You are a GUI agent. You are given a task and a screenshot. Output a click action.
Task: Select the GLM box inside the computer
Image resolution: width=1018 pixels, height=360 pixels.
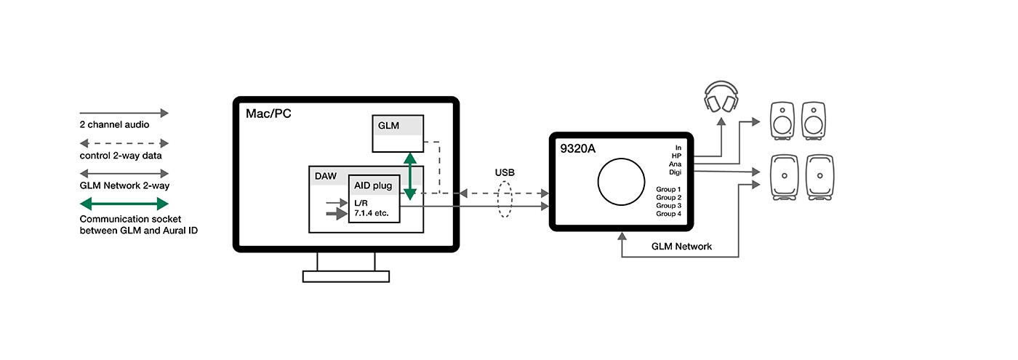coord(397,133)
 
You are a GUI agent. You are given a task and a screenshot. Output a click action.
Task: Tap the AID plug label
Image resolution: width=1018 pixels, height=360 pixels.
coord(373,185)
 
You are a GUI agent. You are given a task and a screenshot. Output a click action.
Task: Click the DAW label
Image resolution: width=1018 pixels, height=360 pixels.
coord(325,175)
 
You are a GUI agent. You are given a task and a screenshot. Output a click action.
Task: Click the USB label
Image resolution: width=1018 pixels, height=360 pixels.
coord(505,173)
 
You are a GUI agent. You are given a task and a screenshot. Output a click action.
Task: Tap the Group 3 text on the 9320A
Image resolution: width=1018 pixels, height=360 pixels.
coord(668,206)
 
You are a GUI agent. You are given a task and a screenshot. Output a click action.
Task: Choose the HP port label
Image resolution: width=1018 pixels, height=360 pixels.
coord(676,156)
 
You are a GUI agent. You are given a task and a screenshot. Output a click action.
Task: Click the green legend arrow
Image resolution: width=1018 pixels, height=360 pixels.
coord(124,204)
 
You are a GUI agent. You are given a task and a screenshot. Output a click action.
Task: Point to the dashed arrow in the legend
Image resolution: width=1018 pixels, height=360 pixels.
coord(124,143)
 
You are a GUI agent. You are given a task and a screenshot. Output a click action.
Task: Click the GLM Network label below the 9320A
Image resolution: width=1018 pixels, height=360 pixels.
coord(681,247)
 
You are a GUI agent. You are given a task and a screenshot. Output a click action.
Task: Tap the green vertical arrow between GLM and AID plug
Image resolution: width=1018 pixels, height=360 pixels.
coord(410,176)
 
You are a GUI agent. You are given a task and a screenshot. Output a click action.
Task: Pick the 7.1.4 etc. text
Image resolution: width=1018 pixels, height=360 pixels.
coord(374,215)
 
